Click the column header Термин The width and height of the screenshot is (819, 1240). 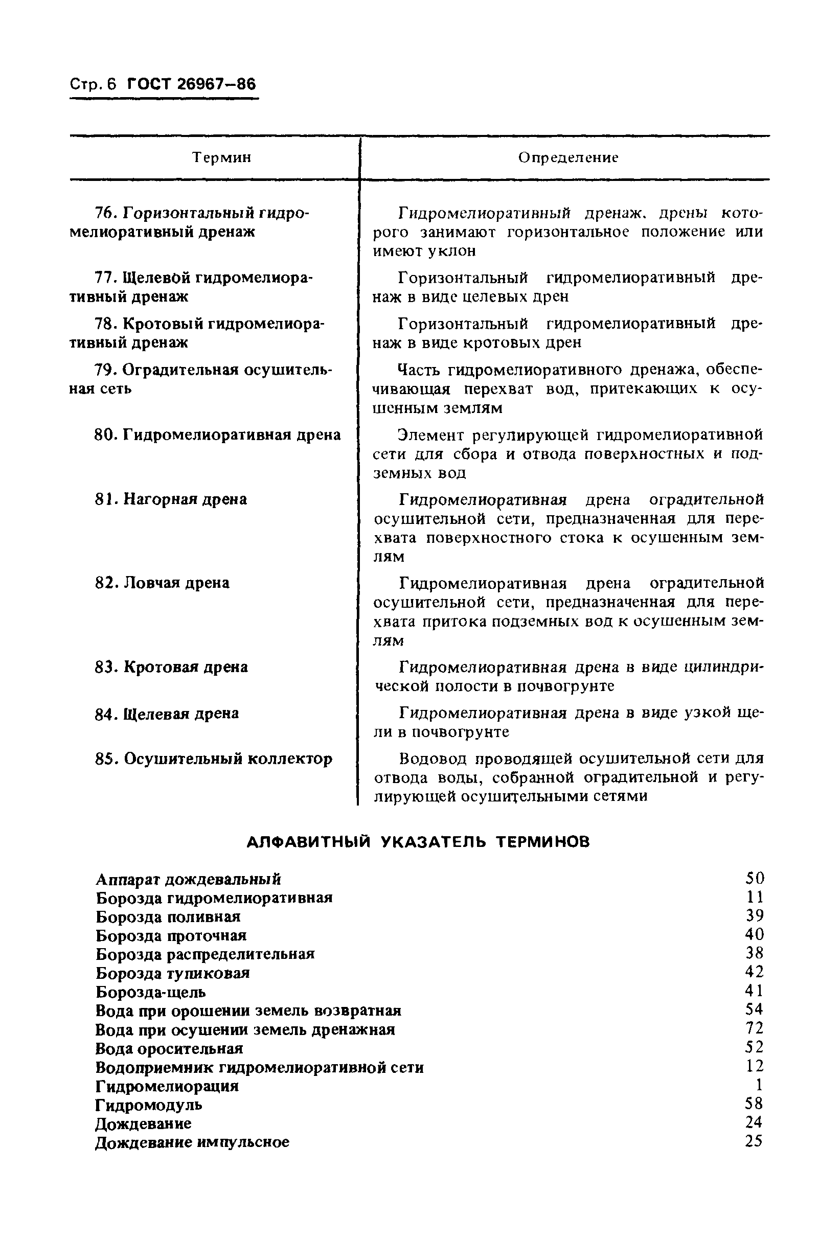click(x=221, y=157)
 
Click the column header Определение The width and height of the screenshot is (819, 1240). click(x=568, y=157)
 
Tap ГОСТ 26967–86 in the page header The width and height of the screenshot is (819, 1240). click(x=192, y=84)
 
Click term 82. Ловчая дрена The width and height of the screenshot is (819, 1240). click(x=162, y=583)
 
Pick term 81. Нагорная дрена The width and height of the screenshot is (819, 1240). click(x=171, y=499)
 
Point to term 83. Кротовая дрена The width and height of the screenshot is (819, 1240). click(x=171, y=667)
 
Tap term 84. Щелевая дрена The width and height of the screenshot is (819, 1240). click(x=167, y=713)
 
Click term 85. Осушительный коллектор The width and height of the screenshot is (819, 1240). click(x=213, y=759)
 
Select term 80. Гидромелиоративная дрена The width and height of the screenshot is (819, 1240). click(x=217, y=434)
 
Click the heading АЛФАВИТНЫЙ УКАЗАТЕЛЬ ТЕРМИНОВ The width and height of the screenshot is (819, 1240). click(x=417, y=842)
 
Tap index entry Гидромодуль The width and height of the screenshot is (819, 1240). click(x=149, y=1105)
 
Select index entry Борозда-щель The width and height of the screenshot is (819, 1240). click(x=151, y=992)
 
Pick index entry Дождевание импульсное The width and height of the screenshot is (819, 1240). click(x=192, y=1142)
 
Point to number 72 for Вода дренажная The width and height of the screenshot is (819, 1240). click(x=754, y=1028)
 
